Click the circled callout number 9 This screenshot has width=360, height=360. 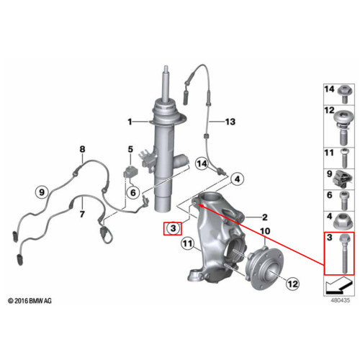[x=42, y=192]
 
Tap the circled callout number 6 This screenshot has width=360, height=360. [x=133, y=192]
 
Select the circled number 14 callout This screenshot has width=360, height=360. [x=202, y=164]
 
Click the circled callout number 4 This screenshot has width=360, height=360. [x=237, y=179]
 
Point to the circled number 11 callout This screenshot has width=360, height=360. [x=187, y=243]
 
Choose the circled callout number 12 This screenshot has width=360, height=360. [x=292, y=284]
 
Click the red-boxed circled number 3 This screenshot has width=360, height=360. [x=173, y=228]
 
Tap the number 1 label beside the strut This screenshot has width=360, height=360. [x=130, y=122]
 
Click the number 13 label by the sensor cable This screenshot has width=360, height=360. [x=230, y=122]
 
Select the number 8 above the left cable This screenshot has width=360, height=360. [x=82, y=149]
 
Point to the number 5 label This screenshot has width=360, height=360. [x=130, y=149]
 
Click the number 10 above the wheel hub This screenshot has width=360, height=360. [x=265, y=231]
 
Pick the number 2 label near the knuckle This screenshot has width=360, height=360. [x=265, y=217]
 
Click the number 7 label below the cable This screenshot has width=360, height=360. [x=82, y=214]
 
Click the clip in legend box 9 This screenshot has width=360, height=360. [x=341, y=179]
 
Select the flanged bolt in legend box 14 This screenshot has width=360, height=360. [x=344, y=94]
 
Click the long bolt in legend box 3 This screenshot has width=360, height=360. [x=344, y=253]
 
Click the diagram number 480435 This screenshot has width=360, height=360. [x=341, y=300]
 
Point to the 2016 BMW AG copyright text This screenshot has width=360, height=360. [x=30, y=301]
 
